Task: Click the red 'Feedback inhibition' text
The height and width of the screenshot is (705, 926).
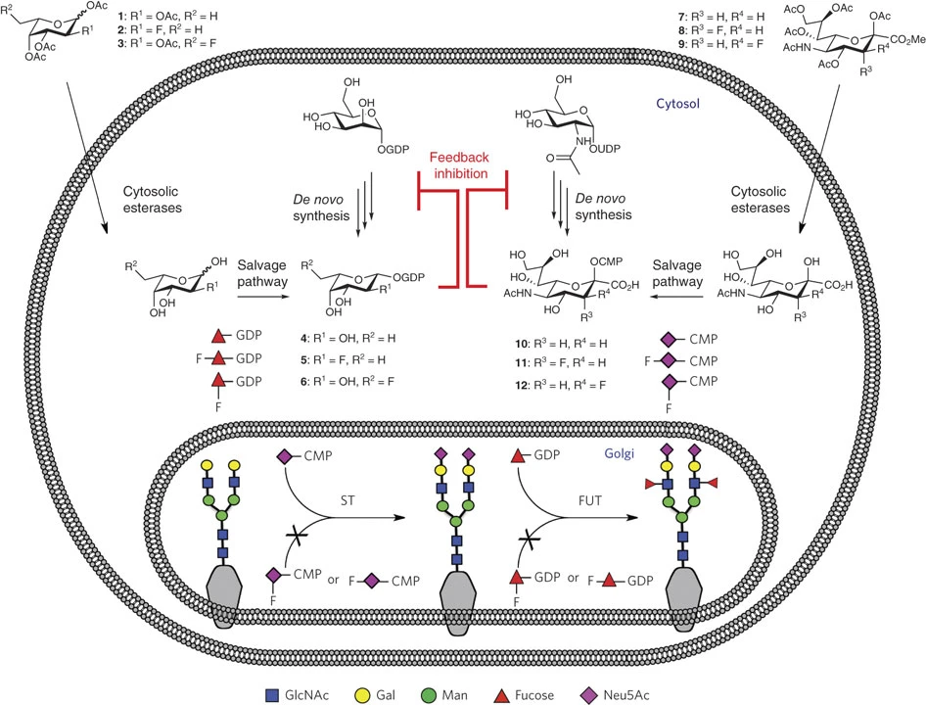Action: pos(463,164)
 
